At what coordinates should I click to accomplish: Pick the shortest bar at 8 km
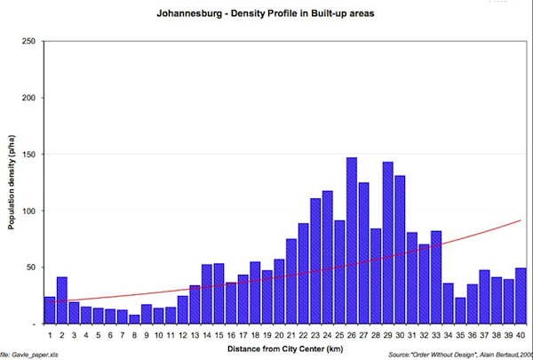[134, 319]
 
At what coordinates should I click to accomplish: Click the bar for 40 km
[521, 296]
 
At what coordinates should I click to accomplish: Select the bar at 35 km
[460, 310]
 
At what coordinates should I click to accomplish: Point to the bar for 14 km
[207, 294]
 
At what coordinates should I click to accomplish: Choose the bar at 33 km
[435, 281]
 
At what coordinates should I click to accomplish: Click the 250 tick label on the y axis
[28, 42]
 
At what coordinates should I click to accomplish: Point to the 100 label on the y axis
[28, 211]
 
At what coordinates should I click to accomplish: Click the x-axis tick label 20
[279, 336]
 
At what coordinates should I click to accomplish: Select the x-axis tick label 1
[50, 336]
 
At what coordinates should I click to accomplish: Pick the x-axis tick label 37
[484, 336]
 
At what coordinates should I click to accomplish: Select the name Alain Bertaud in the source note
[490, 356]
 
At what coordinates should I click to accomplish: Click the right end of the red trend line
[521, 220]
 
